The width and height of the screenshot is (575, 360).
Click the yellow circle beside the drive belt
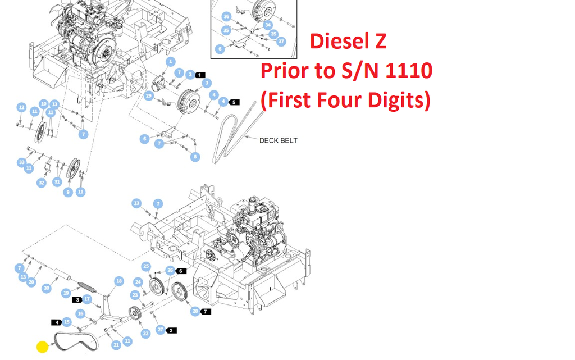pyautogui.click(x=42, y=347)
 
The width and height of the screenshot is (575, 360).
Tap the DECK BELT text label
pyautogui.click(x=278, y=140)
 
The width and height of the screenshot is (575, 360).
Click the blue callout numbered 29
pyautogui.click(x=149, y=96)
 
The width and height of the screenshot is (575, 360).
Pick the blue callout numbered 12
pyautogui.click(x=21, y=107)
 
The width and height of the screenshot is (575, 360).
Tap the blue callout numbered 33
pyautogui.click(x=21, y=162)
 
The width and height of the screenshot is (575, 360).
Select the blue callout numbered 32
pyautogui.click(x=42, y=183)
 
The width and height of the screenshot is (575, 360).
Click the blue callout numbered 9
pyautogui.click(x=68, y=192)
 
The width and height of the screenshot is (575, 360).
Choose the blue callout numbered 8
pyautogui.click(x=195, y=157)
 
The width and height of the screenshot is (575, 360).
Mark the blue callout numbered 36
pyautogui.click(x=226, y=16)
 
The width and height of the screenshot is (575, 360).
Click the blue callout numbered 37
pyautogui.click(x=281, y=42)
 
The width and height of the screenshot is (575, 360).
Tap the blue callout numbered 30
pyautogui.click(x=47, y=288)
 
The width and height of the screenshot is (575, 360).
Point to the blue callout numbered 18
pyautogui.click(x=118, y=281)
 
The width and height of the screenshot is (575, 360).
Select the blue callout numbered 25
pyautogui.click(x=146, y=266)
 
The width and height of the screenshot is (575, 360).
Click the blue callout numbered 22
pyautogui.click(x=146, y=334)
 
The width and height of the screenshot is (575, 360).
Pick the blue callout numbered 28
pyautogui.click(x=195, y=311)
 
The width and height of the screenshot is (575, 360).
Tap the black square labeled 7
pyautogui.click(x=207, y=311)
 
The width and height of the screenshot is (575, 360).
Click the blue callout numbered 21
pyautogui.click(x=116, y=344)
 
